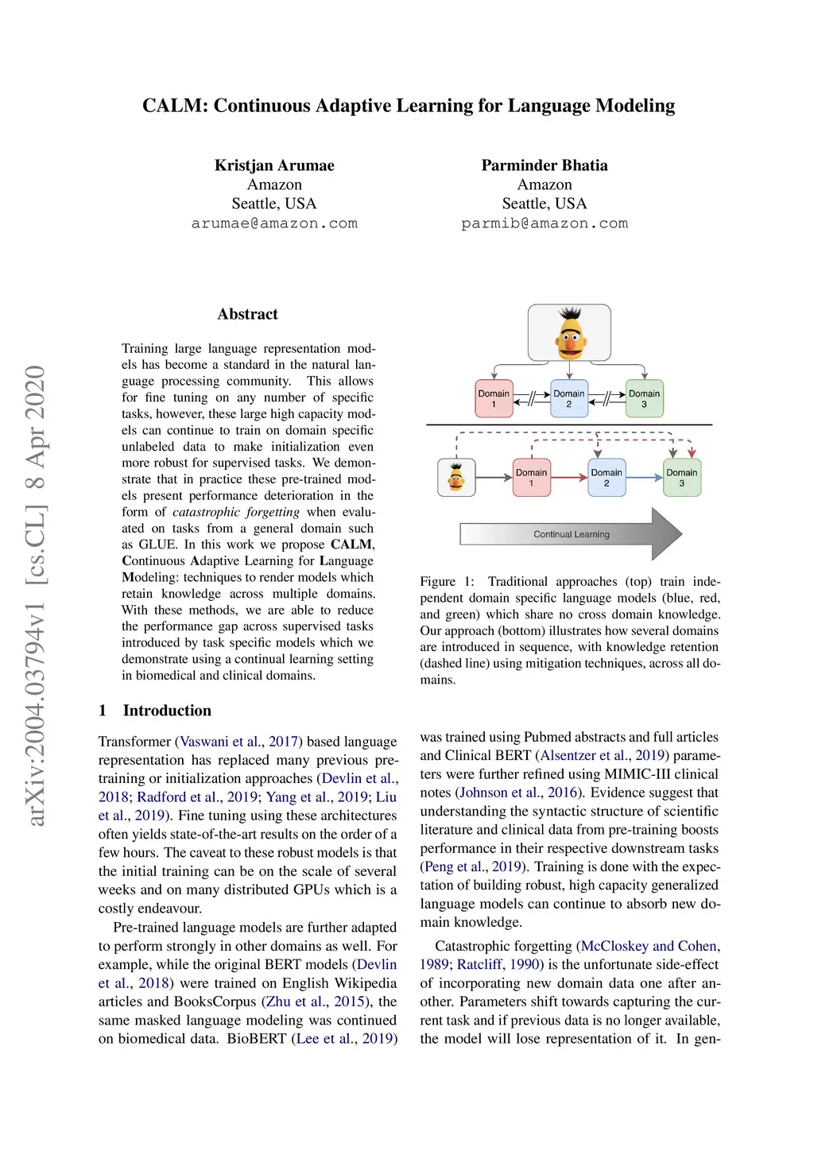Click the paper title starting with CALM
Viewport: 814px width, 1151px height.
(x=408, y=106)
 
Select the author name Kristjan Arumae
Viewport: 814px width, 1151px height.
(x=274, y=165)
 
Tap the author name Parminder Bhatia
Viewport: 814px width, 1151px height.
(x=545, y=165)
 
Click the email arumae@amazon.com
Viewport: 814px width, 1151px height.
(x=274, y=223)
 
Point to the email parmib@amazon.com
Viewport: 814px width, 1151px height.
(x=545, y=223)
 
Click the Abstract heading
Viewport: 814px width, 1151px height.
(x=247, y=314)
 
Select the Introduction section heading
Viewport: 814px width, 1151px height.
(x=167, y=711)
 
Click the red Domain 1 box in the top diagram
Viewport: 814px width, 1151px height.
(x=494, y=399)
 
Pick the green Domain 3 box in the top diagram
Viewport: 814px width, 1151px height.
(x=644, y=399)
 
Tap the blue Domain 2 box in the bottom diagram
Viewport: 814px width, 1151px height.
(x=607, y=478)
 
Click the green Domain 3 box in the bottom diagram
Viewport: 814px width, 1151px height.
(x=682, y=478)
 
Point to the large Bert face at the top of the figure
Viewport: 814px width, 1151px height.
(x=569, y=333)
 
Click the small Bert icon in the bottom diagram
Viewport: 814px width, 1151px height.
(x=456, y=478)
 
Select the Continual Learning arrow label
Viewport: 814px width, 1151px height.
(x=572, y=534)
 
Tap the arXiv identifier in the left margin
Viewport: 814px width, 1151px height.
(x=36, y=595)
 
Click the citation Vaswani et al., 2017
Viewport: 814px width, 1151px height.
(x=238, y=742)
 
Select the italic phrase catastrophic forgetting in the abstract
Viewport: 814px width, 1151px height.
(x=236, y=512)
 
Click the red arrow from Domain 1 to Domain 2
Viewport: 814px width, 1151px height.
(x=569, y=478)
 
